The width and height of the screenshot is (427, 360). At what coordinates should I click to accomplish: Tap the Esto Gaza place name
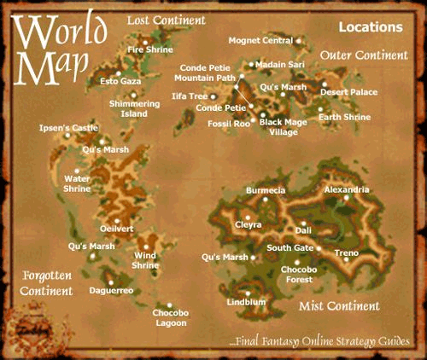pyautogui.click(x=120, y=81)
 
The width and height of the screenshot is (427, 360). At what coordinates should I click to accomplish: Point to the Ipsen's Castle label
pyautogui.click(x=62, y=128)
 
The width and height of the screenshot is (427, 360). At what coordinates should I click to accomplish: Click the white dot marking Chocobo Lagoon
pyautogui.click(x=170, y=305)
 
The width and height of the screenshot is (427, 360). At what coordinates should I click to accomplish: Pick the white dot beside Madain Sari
pyautogui.click(x=250, y=64)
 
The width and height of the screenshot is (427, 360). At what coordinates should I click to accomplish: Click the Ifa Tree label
pyautogui.click(x=190, y=96)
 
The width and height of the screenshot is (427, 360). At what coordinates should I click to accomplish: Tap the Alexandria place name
pyautogui.click(x=347, y=189)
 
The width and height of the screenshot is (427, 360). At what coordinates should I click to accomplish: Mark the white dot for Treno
pyautogui.click(x=319, y=248)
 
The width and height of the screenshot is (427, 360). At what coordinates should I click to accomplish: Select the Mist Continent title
pyautogui.click(x=339, y=305)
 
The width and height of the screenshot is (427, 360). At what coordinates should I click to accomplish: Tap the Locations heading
pyautogui.click(x=371, y=27)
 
